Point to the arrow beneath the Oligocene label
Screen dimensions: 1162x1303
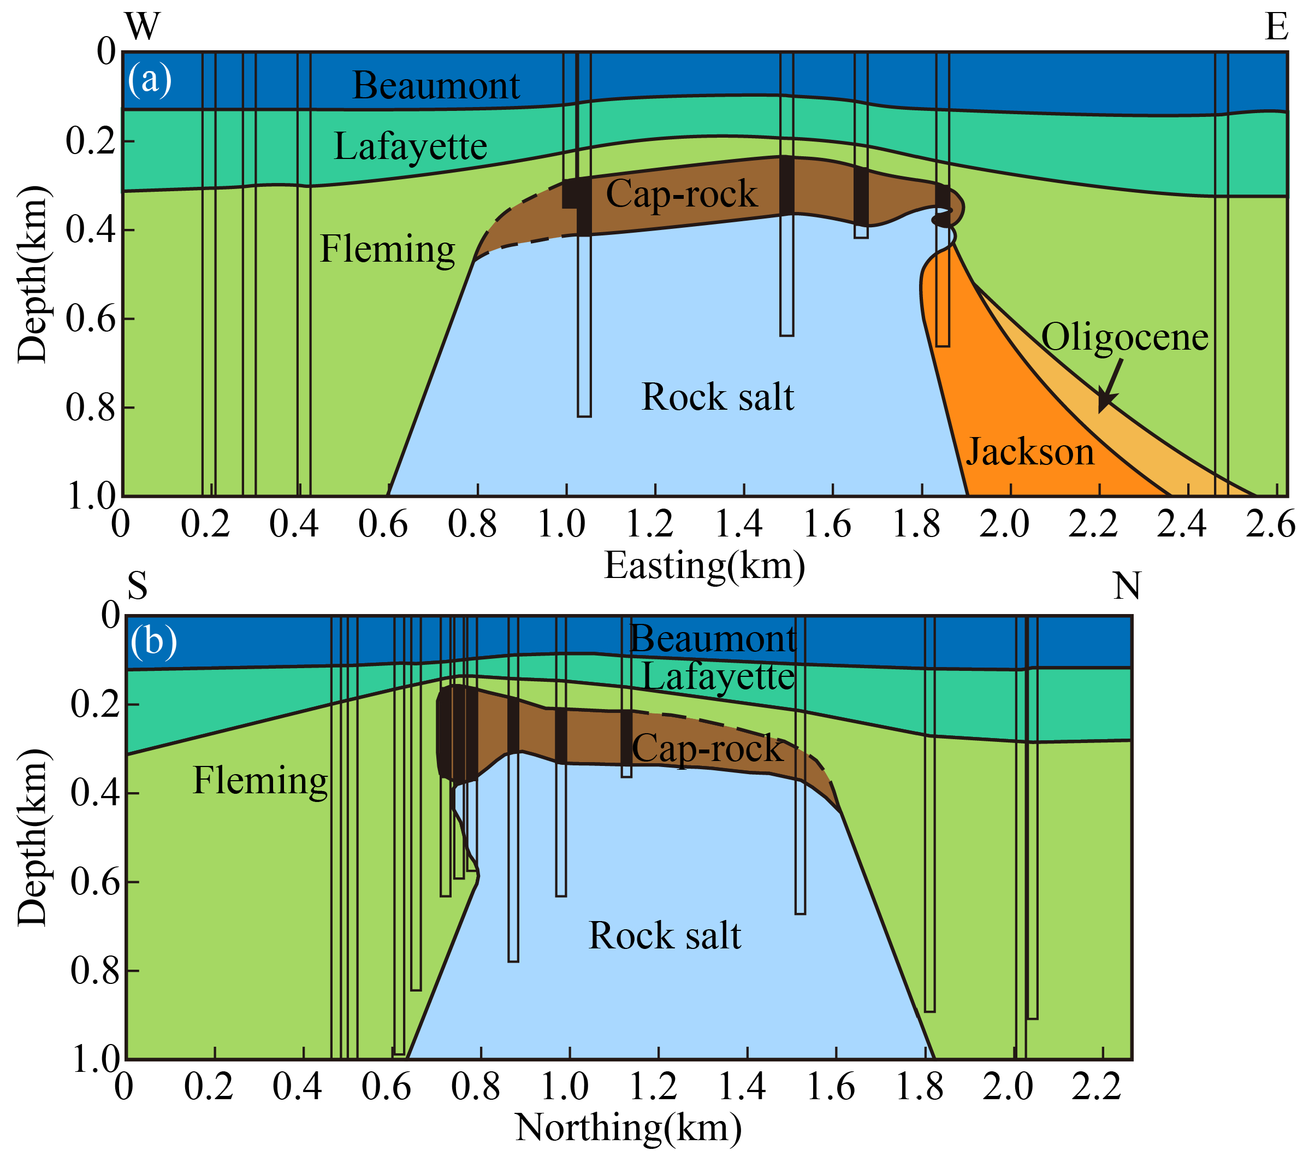tap(1110, 385)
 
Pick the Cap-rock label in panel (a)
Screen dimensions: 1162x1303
tap(681, 193)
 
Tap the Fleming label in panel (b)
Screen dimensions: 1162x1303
tap(260, 780)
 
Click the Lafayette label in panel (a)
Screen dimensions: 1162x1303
tap(410, 146)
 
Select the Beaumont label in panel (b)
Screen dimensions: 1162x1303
tap(713, 638)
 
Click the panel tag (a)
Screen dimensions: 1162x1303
tap(149, 79)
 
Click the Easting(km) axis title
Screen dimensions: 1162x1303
tap(704, 565)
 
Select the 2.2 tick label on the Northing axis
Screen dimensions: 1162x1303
tap(1095, 1086)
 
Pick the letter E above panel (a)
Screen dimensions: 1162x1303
tap(1276, 27)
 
